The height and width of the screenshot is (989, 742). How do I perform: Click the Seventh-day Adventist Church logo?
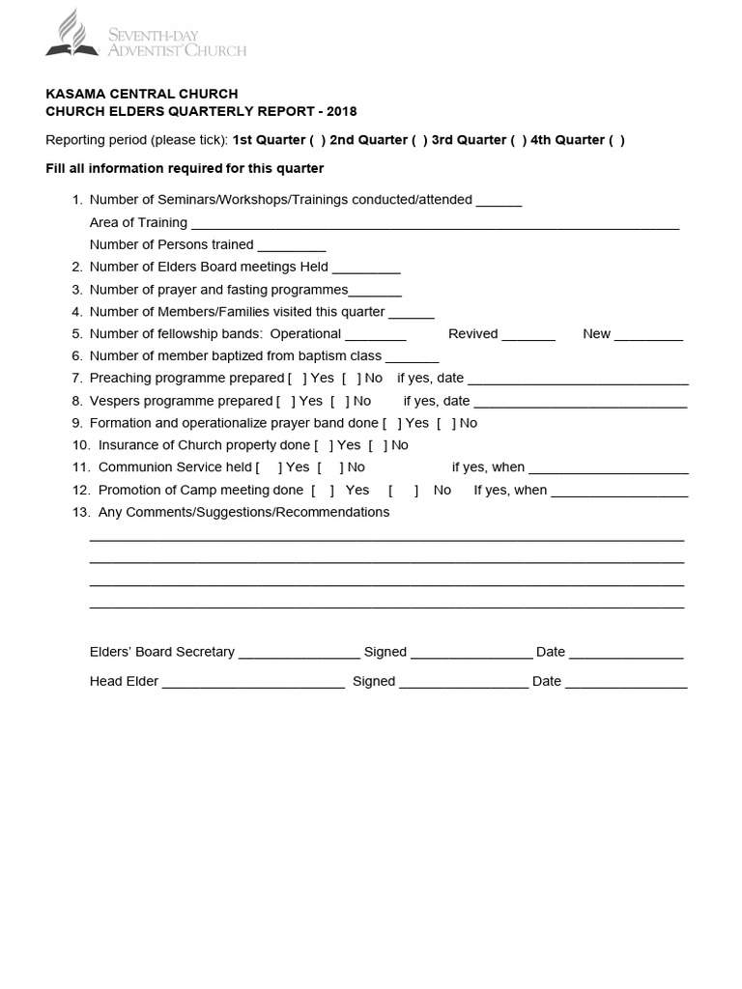(146, 35)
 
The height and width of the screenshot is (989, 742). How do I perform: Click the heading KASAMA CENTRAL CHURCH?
(142, 94)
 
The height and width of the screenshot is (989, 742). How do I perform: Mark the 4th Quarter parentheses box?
(616, 140)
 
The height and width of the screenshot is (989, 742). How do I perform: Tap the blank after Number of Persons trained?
(292, 246)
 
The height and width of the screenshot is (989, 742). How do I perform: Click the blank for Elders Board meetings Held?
(366, 268)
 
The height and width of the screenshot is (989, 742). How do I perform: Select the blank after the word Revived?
(528, 335)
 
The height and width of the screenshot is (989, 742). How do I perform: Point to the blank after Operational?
(375, 335)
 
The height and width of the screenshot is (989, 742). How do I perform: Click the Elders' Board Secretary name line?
(299, 654)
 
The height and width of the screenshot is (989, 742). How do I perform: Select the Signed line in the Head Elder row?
(464, 683)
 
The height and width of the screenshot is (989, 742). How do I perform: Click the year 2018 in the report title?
(341, 112)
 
